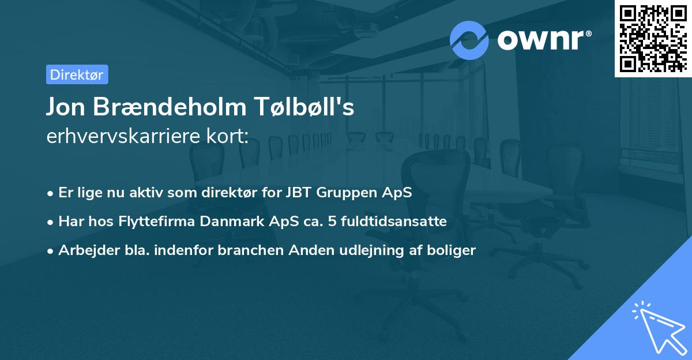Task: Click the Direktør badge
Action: (x=77, y=74)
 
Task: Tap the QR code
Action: (x=653, y=38)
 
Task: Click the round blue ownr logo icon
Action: (x=469, y=40)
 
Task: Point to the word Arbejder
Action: (x=85, y=250)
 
